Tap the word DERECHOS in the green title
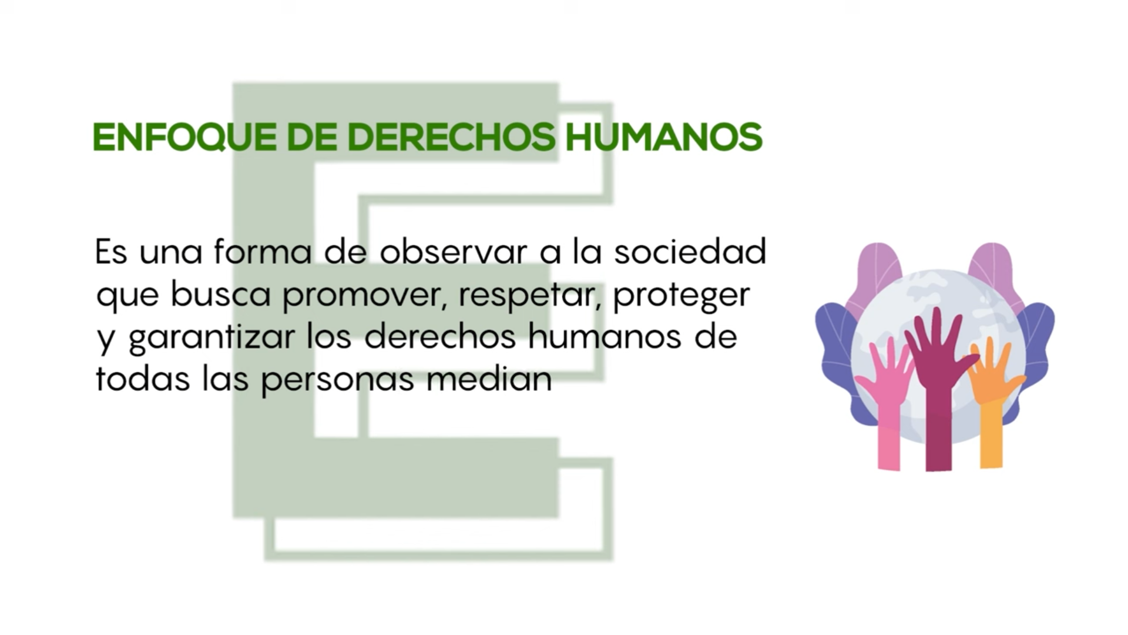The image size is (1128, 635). point(451,138)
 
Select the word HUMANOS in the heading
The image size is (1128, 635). point(664,138)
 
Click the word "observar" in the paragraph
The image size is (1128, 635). point(453,252)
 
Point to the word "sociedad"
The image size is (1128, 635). point(690,252)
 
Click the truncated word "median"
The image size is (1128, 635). point(489,379)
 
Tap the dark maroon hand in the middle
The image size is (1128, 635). point(938,394)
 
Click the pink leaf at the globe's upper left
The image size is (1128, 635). point(875,276)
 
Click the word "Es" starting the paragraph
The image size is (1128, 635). point(111,252)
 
